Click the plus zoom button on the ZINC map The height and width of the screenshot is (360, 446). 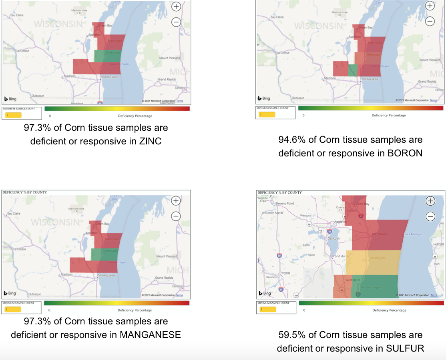point(176,6)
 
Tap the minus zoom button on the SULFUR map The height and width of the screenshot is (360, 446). point(430,216)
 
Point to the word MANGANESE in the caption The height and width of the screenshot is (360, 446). point(150,334)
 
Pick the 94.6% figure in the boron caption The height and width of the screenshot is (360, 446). point(293,140)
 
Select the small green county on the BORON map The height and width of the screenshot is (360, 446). point(353,70)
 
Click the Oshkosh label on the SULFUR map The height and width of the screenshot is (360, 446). point(333,238)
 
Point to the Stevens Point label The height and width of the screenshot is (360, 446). point(285,203)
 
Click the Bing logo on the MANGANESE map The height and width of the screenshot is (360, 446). point(10,293)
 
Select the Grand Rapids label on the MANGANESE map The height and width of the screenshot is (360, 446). point(164,278)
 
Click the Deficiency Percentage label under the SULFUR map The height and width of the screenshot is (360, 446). point(389,310)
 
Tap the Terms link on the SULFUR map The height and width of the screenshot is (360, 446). point(434,295)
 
